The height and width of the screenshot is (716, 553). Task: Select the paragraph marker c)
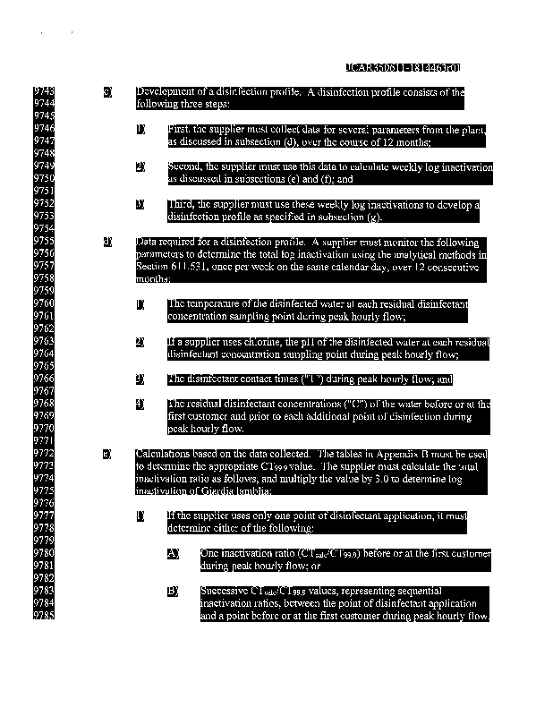(x=108, y=92)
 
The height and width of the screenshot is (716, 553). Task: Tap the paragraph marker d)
(x=108, y=242)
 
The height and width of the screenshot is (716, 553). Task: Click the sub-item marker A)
(x=174, y=553)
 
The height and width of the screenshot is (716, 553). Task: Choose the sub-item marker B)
(x=174, y=591)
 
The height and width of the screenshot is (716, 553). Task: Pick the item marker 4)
(x=140, y=404)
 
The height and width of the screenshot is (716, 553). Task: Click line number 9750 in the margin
(x=45, y=179)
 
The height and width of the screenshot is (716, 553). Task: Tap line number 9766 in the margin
(x=45, y=379)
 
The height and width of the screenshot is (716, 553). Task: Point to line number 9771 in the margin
(x=45, y=441)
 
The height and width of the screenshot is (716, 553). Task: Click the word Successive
(x=225, y=591)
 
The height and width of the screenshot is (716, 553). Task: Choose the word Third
(x=180, y=204)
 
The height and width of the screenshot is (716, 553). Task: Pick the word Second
(x=183, y=166)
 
